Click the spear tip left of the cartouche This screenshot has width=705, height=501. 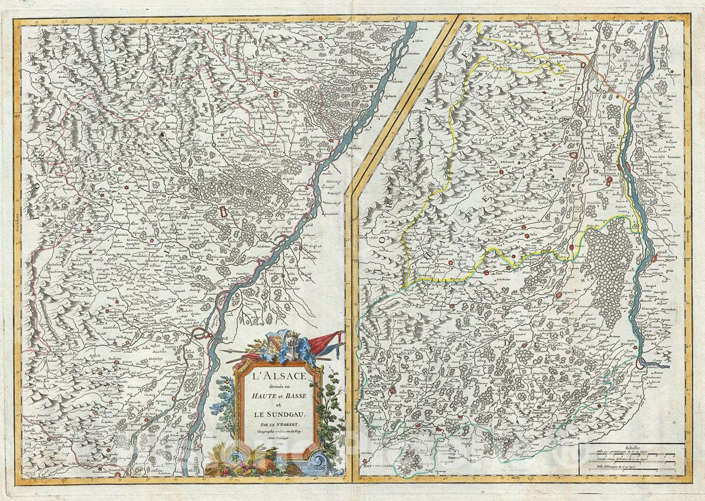pos(230,352)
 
